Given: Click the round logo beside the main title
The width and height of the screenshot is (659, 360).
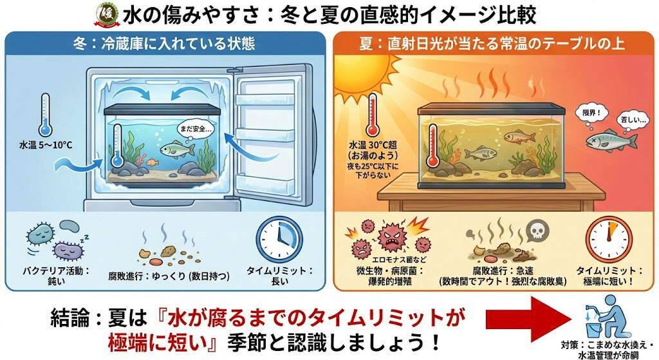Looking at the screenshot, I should pos(105,14).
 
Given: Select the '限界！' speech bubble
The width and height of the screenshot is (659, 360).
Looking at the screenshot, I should pos(584,111).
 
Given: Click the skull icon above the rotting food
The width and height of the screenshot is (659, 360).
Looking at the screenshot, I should pos(535,230).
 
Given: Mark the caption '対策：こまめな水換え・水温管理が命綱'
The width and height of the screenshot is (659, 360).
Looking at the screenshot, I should pos(605,348).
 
